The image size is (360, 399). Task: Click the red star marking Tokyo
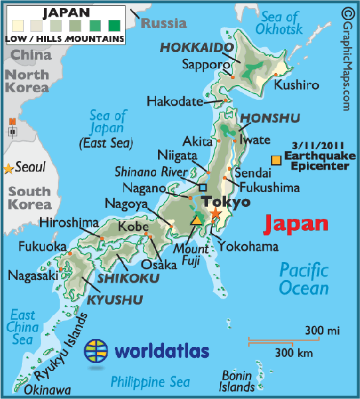click(215, 215)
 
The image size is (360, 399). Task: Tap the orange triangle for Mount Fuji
click(197, 220)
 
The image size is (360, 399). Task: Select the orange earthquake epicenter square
click(276, 159)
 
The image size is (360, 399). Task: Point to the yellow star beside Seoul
click(9, 169)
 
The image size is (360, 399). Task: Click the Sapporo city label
click(206, 65)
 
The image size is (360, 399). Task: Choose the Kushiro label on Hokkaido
click(296, 85)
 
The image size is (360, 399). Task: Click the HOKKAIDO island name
click(196, 48)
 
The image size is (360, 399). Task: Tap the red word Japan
click(296, 223)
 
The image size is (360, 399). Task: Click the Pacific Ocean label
click(304, 279)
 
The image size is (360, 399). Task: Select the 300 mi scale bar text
click(322, 331)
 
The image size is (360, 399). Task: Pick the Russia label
click(163, 23)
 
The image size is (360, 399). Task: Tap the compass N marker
click(12, 121)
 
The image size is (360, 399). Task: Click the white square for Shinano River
click(203, 188)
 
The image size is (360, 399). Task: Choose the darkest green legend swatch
click(114, 27)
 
